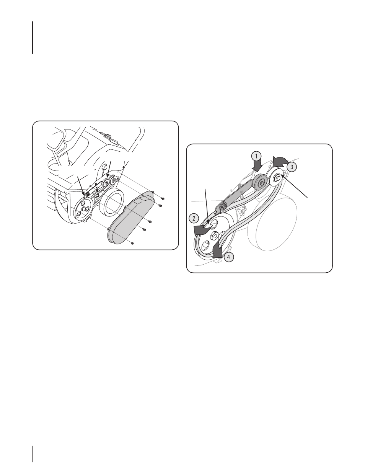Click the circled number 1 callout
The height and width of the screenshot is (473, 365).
tap(256, 157)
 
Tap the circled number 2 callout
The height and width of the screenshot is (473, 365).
tap(194, 218)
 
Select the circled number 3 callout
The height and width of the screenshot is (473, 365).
tap(292, 167)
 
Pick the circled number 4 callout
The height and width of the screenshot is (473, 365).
tap(228, 257)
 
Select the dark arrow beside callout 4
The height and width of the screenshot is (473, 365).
tap(217, 251)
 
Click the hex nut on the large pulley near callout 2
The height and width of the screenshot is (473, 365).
tap(215, 235)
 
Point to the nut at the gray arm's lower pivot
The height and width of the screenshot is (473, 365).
tap(223, 206)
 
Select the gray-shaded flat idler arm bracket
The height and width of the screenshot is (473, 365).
tap(237, 196)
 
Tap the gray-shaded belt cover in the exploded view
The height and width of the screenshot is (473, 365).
tap(130, 218)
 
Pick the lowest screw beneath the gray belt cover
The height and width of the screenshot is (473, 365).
tap(132, 243)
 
